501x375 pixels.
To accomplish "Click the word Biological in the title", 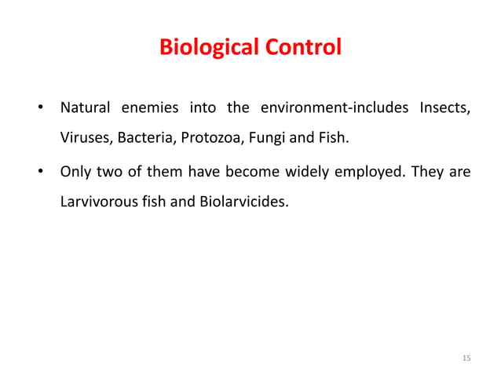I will pyautogui.click(x=207, y=48).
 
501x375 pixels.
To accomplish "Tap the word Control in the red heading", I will pyautogui.click(x=302, y=48).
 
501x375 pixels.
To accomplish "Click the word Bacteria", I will pyautogui.click(x=148, y=139).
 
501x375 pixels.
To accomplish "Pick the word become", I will pyautogui.click(x=247, y=170).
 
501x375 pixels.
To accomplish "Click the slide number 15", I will pyautogui.click(x=466, y=358).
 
